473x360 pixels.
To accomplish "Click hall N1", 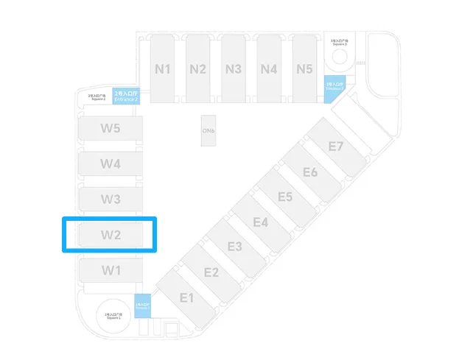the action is [x=163, y=69].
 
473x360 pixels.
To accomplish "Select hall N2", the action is [x=197, y=69].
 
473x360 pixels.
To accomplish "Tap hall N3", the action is [x=234, y=69].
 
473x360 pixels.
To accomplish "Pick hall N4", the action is [x=269, y=69].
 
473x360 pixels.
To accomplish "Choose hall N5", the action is [x=304, y=69].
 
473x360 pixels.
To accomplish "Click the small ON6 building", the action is [x=209, y=131].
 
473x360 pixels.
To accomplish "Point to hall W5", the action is [x=111, y=128].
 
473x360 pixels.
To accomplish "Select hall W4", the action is [x=111, y=163].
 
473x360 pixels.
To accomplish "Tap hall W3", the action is [x=111, y=199].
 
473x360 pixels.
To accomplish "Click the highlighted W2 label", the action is [x=111, y=236].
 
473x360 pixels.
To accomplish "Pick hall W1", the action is [x=111, y=270].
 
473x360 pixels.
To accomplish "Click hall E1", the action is [x=186, y=297].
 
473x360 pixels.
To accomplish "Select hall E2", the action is [x=211, y=272].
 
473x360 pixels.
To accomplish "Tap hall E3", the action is [x=235, y=247].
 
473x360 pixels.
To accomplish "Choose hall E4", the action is [x=260, y=222].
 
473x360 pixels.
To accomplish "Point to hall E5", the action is [x=285, y=197].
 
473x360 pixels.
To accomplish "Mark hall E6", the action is [x=310, y=172].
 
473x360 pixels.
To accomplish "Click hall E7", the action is [x=336, y=146].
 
